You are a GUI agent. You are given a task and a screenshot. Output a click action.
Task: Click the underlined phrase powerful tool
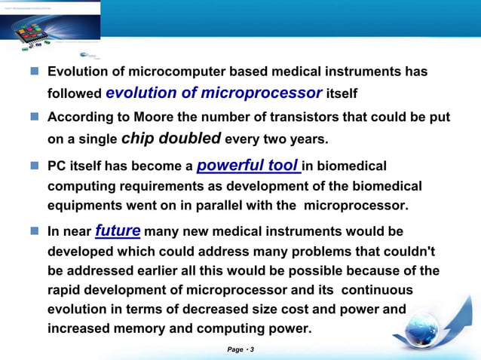(x=248, y=164)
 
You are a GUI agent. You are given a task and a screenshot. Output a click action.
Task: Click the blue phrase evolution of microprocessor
(x=214, y=93)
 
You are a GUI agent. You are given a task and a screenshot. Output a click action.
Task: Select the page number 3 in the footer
(x=252, y=349)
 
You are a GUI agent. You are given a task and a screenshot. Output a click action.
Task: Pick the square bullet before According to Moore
(x=35, y=117)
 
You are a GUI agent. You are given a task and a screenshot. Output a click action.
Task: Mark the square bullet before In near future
(x=35, y=232)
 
